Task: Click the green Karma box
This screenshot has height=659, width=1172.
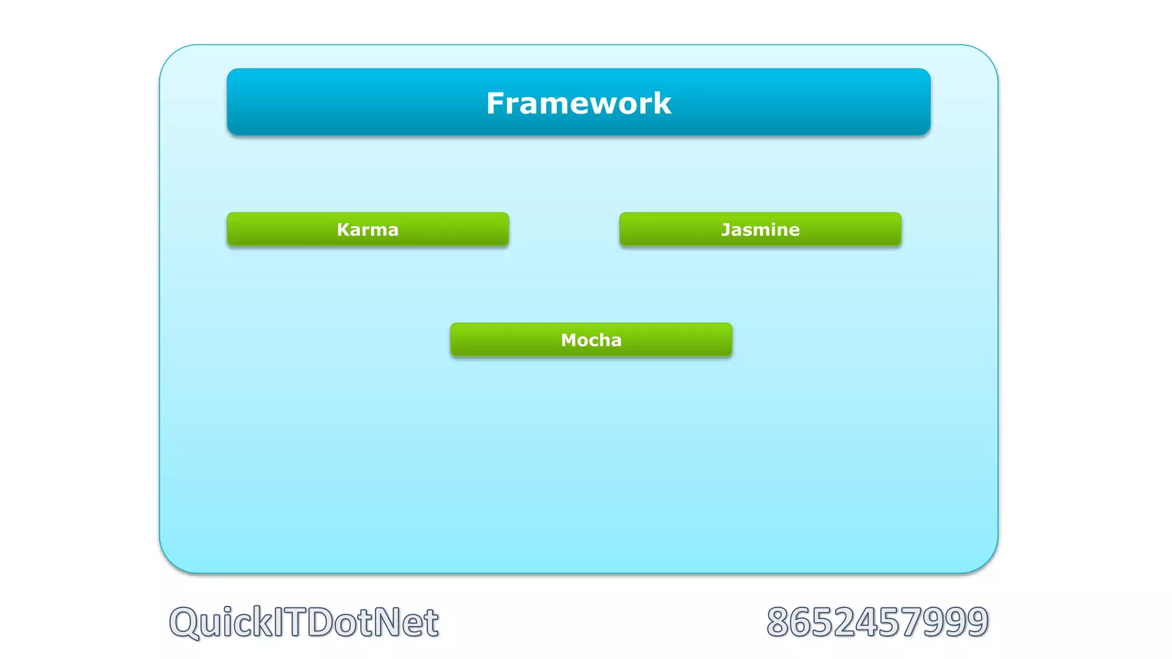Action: click(x=367, y=229)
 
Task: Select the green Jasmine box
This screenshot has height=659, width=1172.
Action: click(x=760, y=229)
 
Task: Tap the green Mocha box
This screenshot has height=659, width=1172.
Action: click(x=591, y=340)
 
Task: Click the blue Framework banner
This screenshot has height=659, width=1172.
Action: click(x=579, y=102)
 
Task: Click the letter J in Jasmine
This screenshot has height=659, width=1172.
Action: click(x=725, y=230)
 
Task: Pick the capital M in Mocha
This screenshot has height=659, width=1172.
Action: click(x=569, y=340)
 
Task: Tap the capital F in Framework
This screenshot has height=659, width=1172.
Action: click(x=496, y=104)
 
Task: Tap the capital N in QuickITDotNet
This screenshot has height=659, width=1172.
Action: click(x=387, y=622)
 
